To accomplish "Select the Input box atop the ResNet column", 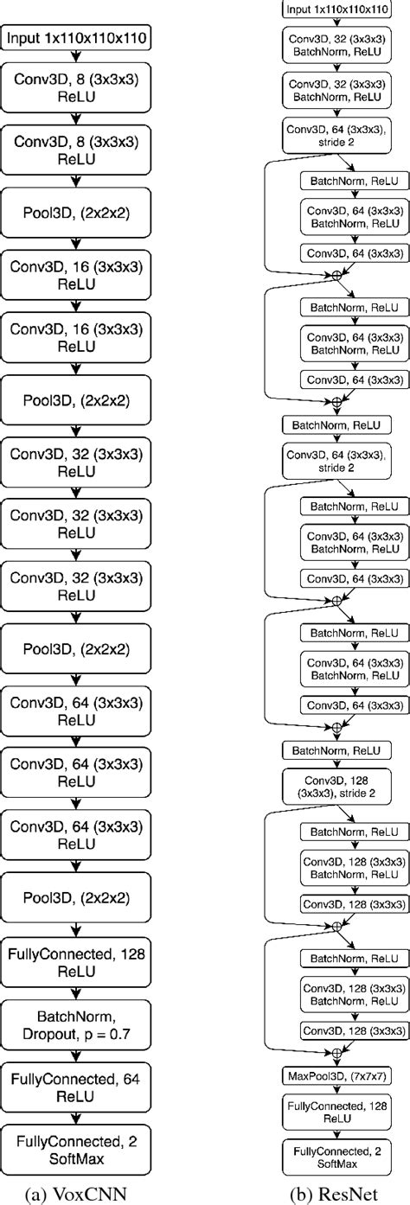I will [x=337, y=9].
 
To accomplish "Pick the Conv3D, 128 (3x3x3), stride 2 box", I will [x=337, y=785].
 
